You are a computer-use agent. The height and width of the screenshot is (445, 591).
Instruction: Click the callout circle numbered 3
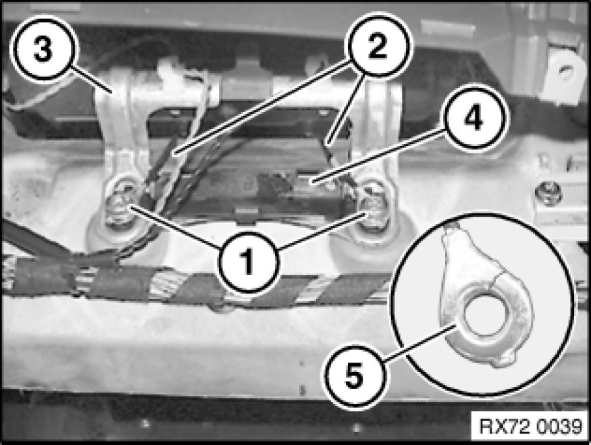(43, 49)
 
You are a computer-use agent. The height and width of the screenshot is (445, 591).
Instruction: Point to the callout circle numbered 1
(249, 261)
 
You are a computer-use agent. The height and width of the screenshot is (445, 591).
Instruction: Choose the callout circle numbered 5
(355, 375)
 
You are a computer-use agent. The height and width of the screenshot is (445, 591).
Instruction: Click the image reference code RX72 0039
(530, 427)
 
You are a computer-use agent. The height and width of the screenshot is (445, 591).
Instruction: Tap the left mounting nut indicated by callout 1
(120, 203)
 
